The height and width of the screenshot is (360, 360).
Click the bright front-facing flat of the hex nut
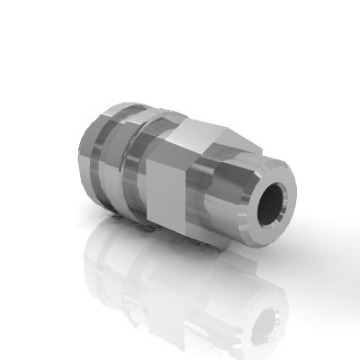coord(164,193)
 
